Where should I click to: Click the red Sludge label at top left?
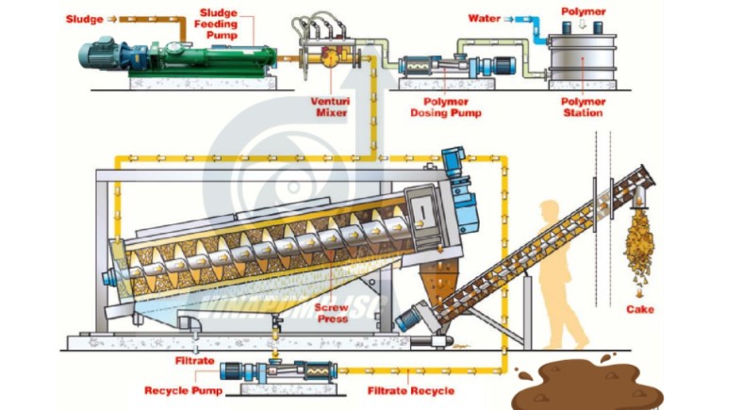click(x=84, y=18)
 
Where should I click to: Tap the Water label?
click(x=484, y=18)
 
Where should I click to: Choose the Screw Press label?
click(x=333, y=313)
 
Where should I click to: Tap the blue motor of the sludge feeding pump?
click(x=103, y=53)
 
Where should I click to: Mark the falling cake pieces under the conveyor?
click(x=641, y=250)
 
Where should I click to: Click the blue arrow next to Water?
click(x=515, y=18)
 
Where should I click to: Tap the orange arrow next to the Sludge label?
click(x=115, y=18)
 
